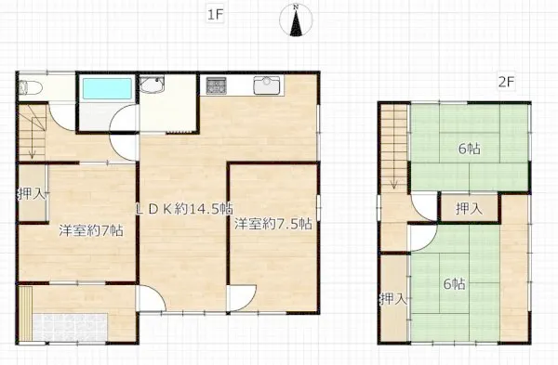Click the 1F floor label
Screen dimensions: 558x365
coord(215,15)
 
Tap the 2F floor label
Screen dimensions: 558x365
coord(506,82)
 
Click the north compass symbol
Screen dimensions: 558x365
coord(296,20)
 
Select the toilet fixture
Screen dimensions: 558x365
coord(31,87)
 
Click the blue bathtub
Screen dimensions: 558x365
coord(107,88)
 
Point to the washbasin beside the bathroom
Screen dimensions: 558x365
coord(152,85)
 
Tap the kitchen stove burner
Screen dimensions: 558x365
coord(217,85)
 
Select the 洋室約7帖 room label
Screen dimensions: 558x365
coord(91,230)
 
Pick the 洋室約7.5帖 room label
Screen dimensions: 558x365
coord(272,224)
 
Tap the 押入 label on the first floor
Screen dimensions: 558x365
coord(32,194)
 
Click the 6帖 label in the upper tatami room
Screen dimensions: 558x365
coord(470,149)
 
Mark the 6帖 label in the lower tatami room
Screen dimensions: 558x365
coord(454,284)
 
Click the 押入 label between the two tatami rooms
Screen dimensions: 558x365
coord(469,209)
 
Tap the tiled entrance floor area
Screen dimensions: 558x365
coord(70,327)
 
